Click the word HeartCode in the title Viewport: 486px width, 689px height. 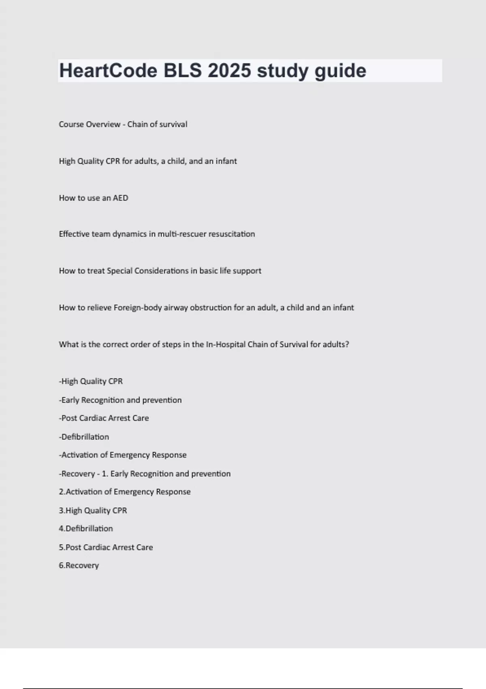click(108, 71)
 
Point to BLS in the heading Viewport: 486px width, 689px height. click(182, 71)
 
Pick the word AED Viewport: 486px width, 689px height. click(120, 198)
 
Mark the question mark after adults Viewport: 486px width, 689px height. click(347, 344)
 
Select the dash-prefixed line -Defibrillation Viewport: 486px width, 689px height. click(84, 437)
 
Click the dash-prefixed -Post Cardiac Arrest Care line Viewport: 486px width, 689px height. click(104, 418)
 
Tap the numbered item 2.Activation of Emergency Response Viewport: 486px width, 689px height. click(125, 492)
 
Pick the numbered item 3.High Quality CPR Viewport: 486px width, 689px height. click(93, 511)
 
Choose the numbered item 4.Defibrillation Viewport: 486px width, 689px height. click(86, 529)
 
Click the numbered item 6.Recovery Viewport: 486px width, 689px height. click(79, 566)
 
